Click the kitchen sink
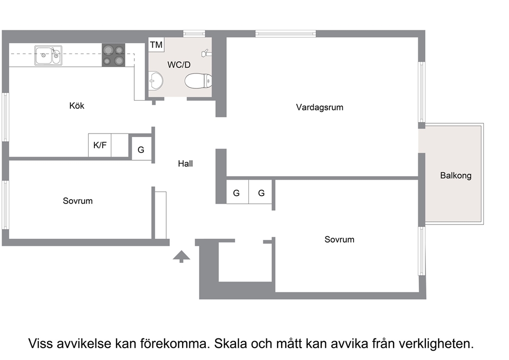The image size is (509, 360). point(48,55)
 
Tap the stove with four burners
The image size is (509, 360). point(113,55)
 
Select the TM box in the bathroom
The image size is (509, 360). point(156,45)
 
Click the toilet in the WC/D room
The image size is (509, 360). point(199,81)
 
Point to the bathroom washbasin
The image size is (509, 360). point(156,80)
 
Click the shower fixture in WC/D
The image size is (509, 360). point(206,53)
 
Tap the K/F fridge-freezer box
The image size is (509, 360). point(100,145)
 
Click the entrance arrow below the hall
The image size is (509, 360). point(182,257)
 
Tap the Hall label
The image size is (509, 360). point(185,163)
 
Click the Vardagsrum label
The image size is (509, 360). point(320,107)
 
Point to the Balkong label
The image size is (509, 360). point(456,176)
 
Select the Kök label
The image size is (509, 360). point(77,106)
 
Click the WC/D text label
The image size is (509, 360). point(179,65)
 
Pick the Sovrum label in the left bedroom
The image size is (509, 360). point(77,201)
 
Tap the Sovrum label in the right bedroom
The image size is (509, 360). point(339,239)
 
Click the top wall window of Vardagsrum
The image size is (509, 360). point(285,33)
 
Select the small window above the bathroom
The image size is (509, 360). point(194,33)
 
